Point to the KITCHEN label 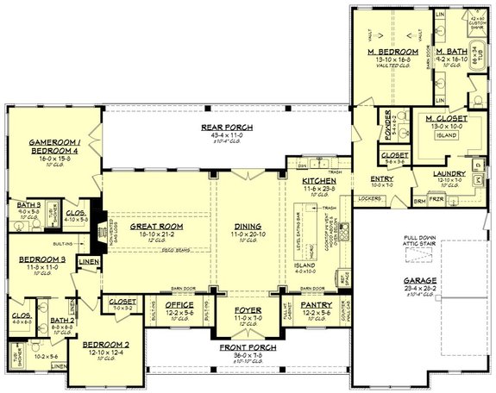(317, 181)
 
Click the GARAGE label (422, 281)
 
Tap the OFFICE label (179, 304)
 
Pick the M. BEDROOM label (392, 52)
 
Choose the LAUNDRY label (449, 173)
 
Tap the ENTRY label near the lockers (381, 178)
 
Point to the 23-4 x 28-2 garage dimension (422, 289)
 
